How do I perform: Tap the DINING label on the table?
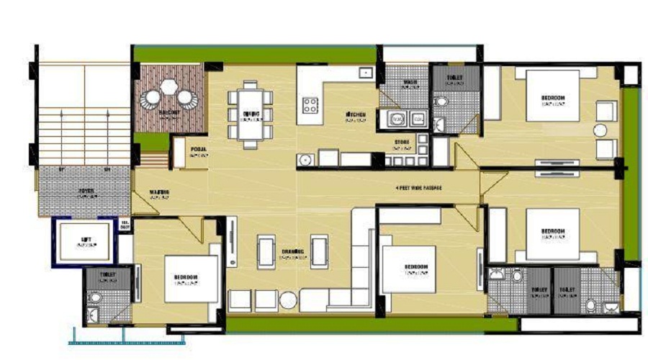click(x=251, y=114)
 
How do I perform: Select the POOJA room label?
click(x=199, y=152)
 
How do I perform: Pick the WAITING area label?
click(x=159, y=192)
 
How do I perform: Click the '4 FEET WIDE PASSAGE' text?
click(x=418, y=188)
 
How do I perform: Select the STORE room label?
click(x=401, y=143)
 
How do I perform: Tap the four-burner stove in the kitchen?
click(x=310, y=106)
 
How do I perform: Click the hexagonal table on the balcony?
click(x=168, y=87)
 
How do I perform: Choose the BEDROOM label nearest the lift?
click(x=185, y=278)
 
